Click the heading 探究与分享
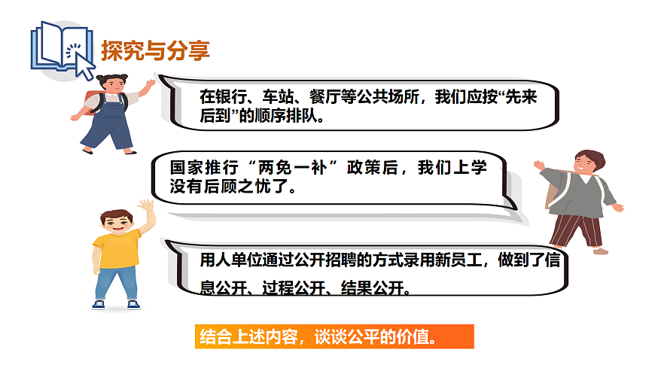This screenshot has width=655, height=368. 155,50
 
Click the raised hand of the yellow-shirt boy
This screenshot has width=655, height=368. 145,205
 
